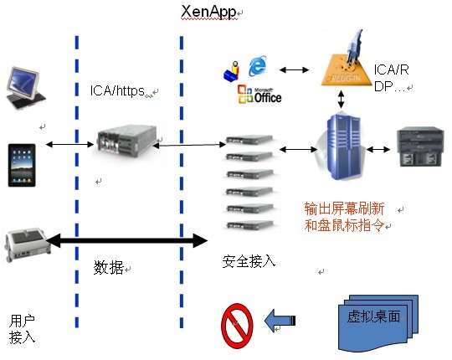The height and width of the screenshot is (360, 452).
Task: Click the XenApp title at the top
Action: tap(208, 12)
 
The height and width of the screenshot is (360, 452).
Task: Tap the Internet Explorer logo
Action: tap(258, 66)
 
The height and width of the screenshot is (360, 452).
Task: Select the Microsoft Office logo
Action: tap(259, 95)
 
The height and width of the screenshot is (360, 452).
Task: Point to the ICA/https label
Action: tap(117, 90)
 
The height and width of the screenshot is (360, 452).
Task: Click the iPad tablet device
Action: tap(22, 165)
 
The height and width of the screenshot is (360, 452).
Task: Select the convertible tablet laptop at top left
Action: tap(25, 88)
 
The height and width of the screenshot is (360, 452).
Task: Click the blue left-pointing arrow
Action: tap(280, 320)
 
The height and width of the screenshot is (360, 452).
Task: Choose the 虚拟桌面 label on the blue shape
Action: tap(373, 316)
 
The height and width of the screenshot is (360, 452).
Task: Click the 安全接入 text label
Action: tap(249, 261)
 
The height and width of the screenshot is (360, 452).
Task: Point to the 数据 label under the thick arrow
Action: tap(108, 267)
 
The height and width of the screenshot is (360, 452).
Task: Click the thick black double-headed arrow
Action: tap(127, 240)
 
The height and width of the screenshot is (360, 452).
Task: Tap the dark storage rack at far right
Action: tap(419, 147)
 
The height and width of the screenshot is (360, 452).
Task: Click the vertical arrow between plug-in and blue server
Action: tap(342, 100)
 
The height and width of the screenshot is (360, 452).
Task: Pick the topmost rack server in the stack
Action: tap(249, 140)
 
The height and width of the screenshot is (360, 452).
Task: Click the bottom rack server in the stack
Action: tap(249, 225)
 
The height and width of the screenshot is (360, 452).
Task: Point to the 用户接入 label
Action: tap(22, 329)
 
